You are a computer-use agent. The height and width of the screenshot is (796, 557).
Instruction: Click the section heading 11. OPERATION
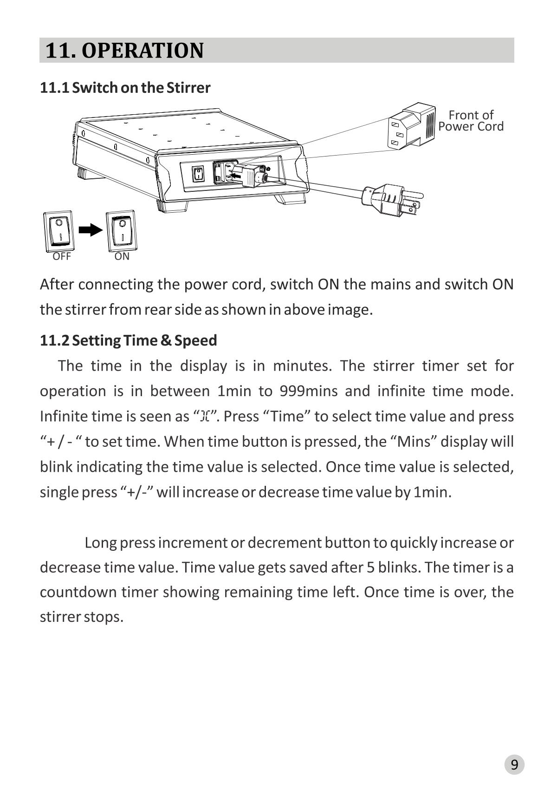point(124,50)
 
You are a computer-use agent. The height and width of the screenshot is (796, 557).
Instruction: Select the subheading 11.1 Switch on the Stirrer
point(125,87)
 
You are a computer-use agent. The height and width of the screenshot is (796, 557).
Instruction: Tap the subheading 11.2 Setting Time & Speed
point(128,340)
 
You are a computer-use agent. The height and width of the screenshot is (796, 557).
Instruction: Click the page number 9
point(514,764)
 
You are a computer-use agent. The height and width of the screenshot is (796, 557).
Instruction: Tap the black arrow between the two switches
point(90,229)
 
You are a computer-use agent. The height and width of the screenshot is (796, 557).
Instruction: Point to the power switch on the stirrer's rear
point(198,175)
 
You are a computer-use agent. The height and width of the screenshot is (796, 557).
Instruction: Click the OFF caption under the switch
point(61,256)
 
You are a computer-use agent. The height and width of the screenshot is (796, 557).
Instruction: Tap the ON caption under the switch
point(122,256)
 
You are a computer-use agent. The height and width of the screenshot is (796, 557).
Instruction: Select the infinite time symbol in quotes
point(205,417)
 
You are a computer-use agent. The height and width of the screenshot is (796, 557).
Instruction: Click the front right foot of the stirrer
point(291,198)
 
